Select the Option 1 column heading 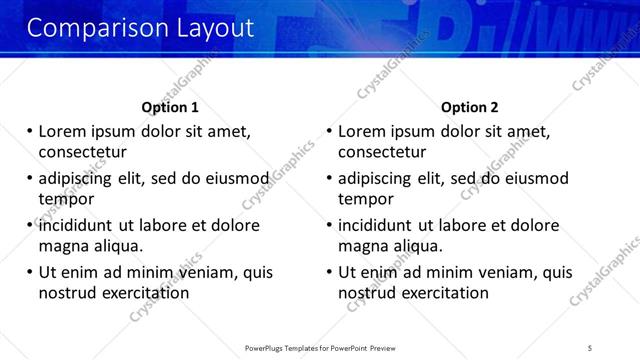click(x=170, y=107)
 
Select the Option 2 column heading click(x=469, y=107)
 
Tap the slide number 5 click(x=590, y=347)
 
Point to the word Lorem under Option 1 click(x=62, y=131)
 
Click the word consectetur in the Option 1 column click(x=82, y=152)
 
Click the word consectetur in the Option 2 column click(x=382, y=152)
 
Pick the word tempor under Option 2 click(x=366, y=199)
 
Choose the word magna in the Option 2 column click(x=362, y=246)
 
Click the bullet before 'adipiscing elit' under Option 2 click(x=329, y=179)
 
